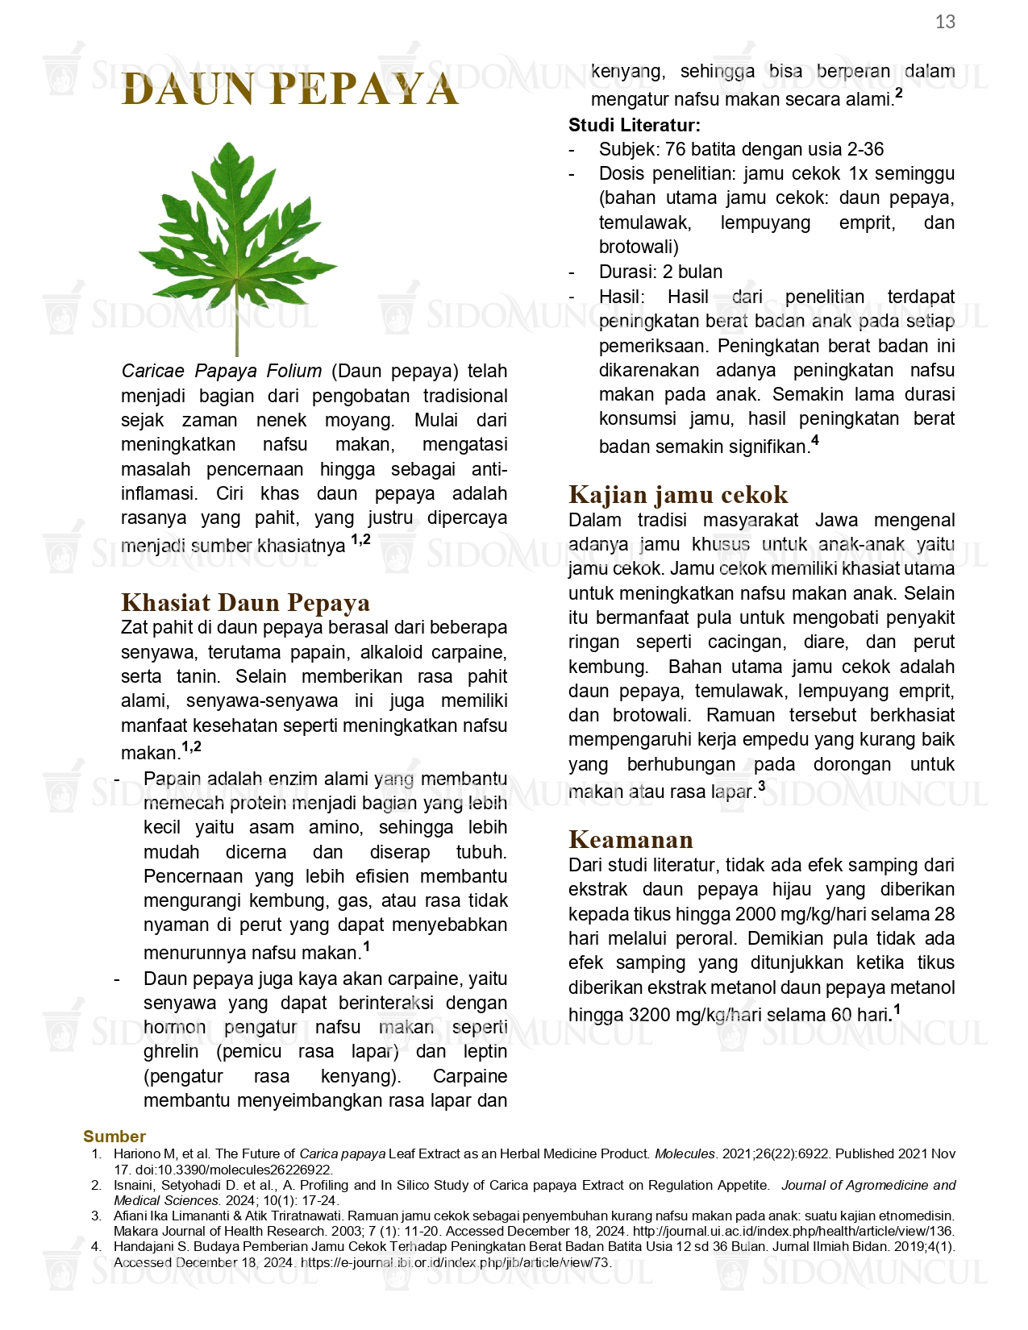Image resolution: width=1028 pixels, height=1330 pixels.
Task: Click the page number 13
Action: (x=945, y=22)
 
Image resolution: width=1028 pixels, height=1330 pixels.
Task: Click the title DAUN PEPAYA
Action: (x=289, y=89)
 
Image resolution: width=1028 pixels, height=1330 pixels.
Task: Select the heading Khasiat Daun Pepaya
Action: (x=245, y=602)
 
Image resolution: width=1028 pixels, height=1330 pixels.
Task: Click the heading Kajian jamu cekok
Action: (x=677, y=494)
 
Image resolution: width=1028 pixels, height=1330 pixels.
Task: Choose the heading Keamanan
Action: (x=631, y=839)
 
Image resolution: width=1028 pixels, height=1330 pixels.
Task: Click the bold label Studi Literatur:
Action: (x=634, y=125)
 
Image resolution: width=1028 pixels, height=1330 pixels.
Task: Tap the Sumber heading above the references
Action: (x=114, y=1136)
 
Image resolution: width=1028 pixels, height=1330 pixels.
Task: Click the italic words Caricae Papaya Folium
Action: (x=221, y=371)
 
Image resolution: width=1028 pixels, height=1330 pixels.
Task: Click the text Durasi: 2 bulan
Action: (x=660, y=272)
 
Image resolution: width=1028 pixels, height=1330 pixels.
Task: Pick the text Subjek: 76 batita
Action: (x=674, y=149)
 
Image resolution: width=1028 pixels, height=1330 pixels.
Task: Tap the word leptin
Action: (x=485, y=1052)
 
